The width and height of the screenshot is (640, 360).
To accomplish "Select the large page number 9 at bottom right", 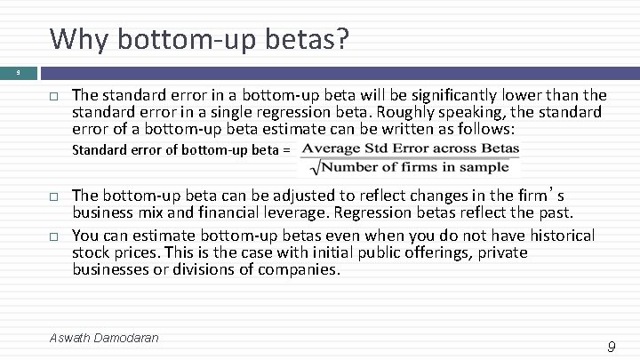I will pyautogui.click(x=611, y=347).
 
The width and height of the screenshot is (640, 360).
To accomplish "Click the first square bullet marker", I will pyautogui.click(x=52, y=94).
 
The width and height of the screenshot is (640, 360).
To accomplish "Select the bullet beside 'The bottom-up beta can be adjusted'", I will pyautogui.click(x=52, y=195).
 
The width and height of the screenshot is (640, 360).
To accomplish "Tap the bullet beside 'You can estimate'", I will pyautogui.click(x=52, y=236).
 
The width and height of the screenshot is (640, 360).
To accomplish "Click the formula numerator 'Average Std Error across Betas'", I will pyautogui.click(x=411, y=148).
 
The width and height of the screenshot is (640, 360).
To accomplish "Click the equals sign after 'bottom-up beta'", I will pyautogui.click(x=285, y=149).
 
